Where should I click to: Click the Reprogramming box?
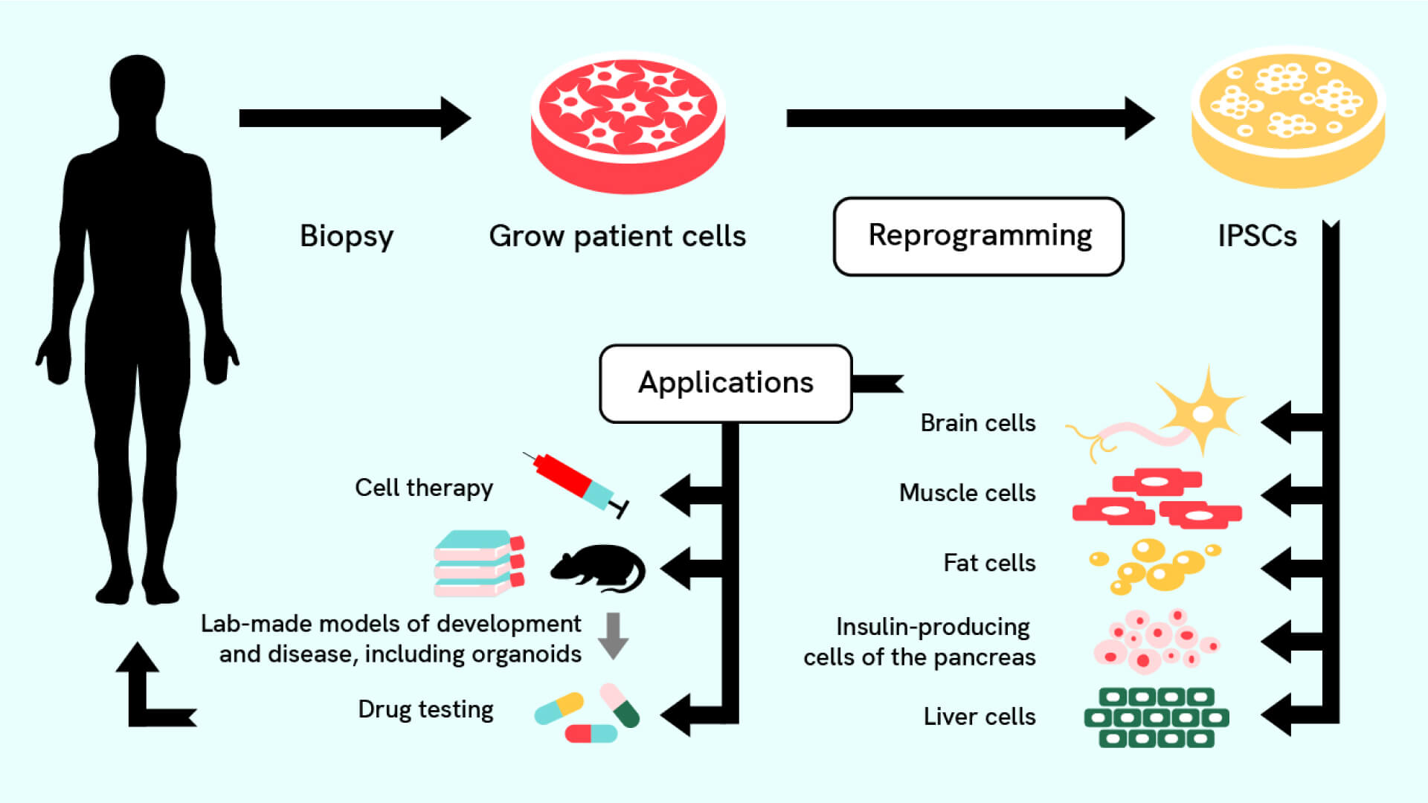(x=978, y=236)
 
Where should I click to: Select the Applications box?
(x=725, y=383)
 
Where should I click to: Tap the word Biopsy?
(x=346, y=236)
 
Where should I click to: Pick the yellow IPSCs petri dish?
(x=1287, y=115)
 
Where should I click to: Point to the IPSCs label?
(x=1256, y=236)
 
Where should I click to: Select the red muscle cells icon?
(x=1157, y=498)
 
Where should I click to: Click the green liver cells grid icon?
(x=1156, y=717)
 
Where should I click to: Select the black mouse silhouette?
(x=599, y=568)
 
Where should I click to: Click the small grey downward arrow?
(x=614, y=636)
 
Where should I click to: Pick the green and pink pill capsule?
(x=620, y=705)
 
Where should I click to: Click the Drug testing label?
(x=425, y=709)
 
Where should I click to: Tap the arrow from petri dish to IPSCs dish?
(x=967, y=118)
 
